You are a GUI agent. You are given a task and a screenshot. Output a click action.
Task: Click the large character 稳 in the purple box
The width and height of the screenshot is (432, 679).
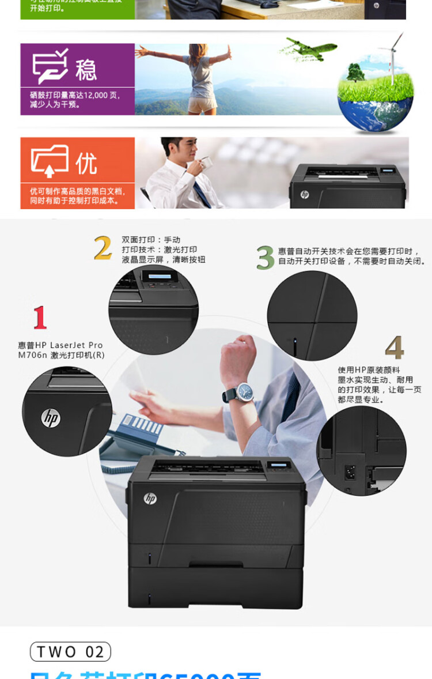[x=86, y=70]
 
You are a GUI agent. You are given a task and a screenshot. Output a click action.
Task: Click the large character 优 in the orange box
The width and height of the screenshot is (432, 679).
[x=86, y=164]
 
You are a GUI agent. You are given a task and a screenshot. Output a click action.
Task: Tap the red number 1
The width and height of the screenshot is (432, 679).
[x=39, y=318]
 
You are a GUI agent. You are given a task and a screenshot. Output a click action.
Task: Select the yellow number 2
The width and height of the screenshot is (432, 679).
[x=103, y=248]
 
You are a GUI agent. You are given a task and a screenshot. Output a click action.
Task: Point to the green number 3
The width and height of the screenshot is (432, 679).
[x=265, y=257]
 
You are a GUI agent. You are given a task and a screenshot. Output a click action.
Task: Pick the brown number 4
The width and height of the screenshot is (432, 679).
[x=395, y=348]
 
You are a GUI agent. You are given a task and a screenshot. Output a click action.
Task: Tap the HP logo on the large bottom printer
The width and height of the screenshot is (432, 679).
[x=150, y=499]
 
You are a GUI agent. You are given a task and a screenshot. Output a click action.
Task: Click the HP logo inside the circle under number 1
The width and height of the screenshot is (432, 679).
[x=51, y=417]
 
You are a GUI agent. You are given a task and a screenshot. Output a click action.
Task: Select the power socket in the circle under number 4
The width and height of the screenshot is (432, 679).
[x=349, y=472]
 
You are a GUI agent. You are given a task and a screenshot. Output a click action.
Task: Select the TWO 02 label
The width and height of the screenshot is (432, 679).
[x=70, y=651]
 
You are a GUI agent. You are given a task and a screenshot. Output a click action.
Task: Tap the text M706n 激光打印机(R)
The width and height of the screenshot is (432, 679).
[x=61, y=355]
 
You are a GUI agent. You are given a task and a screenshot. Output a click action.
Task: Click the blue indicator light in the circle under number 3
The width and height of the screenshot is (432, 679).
[x=295, y=348]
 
